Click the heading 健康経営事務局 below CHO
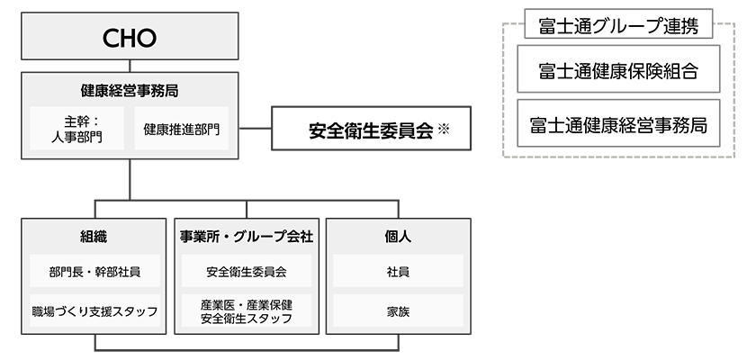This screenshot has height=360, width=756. [130, 90]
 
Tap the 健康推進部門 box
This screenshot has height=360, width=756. [181, 130]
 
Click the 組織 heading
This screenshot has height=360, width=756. [94, 237]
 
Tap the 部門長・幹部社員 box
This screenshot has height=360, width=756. [94, 270]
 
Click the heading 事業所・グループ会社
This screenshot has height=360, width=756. [246, 237]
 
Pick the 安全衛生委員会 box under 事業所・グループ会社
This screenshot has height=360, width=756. [246, 270]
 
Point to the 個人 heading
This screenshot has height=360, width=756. [397, 237]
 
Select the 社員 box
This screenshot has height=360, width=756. [397, 270]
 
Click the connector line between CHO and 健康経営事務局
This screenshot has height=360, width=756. [130, 66]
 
